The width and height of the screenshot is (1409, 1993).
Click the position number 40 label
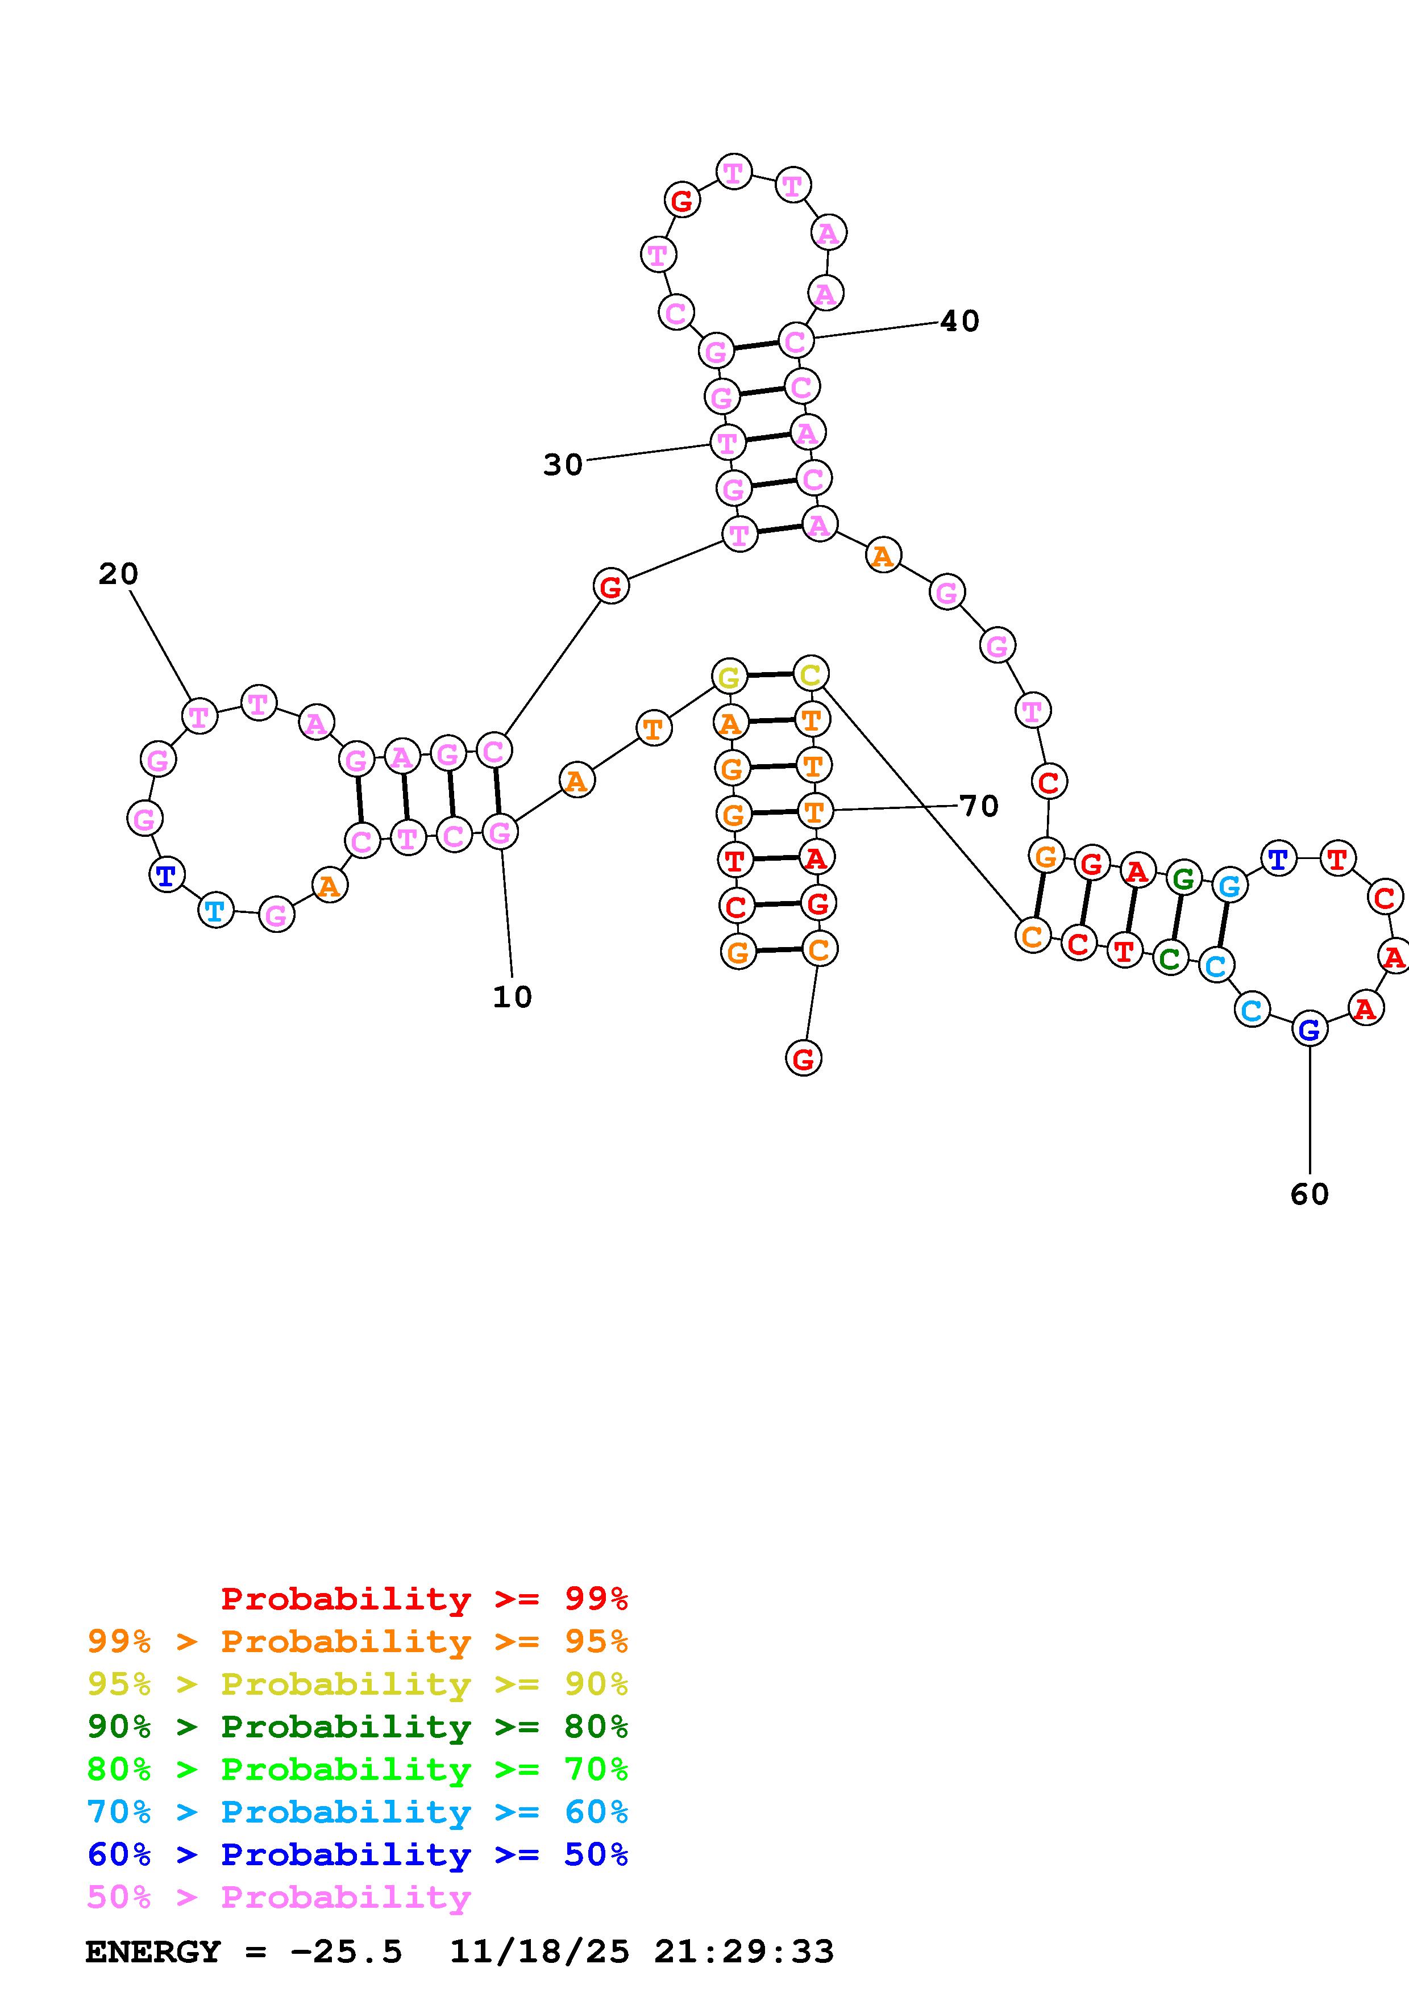(959, 321)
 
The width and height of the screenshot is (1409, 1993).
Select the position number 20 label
(118, 574)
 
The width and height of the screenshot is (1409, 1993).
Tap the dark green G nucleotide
(1182, 878)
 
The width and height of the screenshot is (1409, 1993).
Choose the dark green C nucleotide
(1170, 958)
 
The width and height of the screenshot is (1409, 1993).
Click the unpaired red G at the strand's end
(803, 1058)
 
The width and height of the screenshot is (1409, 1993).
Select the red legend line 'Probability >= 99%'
(423, 1599)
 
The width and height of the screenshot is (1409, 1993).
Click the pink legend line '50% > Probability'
(279, 1898)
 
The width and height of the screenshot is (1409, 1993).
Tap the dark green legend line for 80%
(357, 1727)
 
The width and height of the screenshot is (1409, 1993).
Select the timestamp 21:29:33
(744, 1952)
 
